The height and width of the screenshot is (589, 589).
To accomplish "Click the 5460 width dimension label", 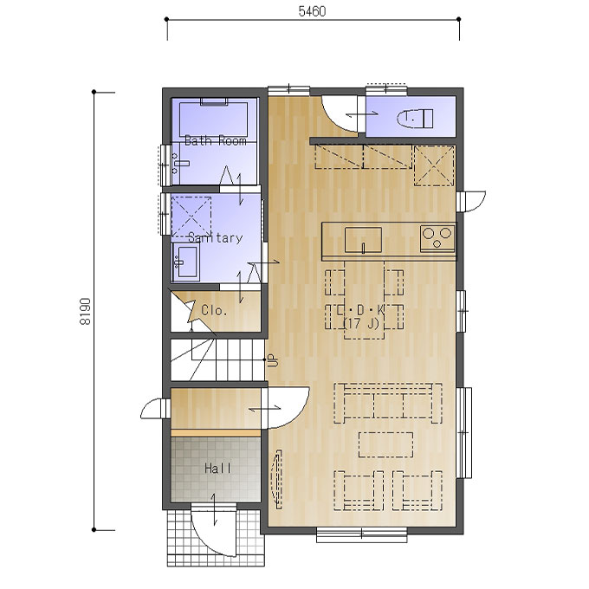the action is click(x=312, y=11).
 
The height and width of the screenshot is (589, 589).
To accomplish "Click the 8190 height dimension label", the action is click(x=86, y=312).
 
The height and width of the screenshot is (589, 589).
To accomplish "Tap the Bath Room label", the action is click(x=215, y=141).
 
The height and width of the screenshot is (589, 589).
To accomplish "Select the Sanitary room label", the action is click(x=215, y=238).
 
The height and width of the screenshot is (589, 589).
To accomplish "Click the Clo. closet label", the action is click(x=214, y=310).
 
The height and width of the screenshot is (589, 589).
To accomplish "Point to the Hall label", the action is click(x=217, y=469).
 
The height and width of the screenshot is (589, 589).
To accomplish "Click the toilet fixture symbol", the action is click(x=415, y=118).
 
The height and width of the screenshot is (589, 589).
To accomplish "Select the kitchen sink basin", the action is click(x=363, y=240).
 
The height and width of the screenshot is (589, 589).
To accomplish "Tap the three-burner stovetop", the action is click(x=437, y=238).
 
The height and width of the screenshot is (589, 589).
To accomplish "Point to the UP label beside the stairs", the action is click(x=274, y=360).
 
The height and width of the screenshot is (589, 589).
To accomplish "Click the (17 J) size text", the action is click(x=361, y=323).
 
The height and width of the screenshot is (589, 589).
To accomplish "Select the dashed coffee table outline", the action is click(x=385, y=444).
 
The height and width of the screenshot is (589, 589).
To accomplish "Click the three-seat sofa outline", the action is click(x=388, y=403).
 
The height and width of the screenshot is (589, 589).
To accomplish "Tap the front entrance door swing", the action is click(x=213, y=533).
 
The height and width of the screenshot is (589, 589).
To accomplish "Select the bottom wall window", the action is click(x=361, y=535).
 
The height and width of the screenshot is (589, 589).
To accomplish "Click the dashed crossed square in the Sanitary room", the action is click(x=191, y=216).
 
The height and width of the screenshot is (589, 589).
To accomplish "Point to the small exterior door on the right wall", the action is click(x=471, y=201).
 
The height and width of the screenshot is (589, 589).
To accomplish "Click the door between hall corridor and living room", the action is click(x=286, y=408).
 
